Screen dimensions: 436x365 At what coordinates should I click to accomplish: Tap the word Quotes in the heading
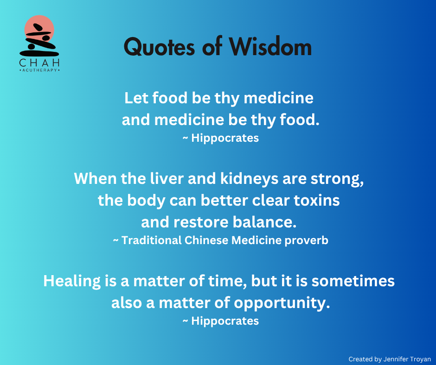click(159, 47)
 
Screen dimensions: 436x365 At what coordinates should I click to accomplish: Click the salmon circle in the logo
click(39, 29)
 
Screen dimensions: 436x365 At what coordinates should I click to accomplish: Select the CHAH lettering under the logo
click(39, 63)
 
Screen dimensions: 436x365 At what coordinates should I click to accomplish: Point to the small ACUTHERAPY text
click(39, 70)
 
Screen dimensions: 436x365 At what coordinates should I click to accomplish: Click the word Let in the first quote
click(136, 98)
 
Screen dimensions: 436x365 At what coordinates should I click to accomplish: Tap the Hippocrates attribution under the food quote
click(225, 138)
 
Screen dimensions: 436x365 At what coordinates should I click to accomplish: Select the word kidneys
click(249, 179)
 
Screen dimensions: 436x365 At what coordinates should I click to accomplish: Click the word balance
click(264, 222)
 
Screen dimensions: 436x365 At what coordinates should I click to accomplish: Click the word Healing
click(72, 281)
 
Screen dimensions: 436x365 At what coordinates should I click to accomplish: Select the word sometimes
click(353, 281)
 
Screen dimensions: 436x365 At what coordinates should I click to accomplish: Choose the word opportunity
click(282, 303)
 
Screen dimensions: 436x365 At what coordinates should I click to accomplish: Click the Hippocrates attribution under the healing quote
click(225, 321)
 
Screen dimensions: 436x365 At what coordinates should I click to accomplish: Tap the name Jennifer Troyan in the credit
click(407, 359)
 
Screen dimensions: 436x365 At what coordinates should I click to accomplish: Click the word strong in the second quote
click(337, 179)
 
